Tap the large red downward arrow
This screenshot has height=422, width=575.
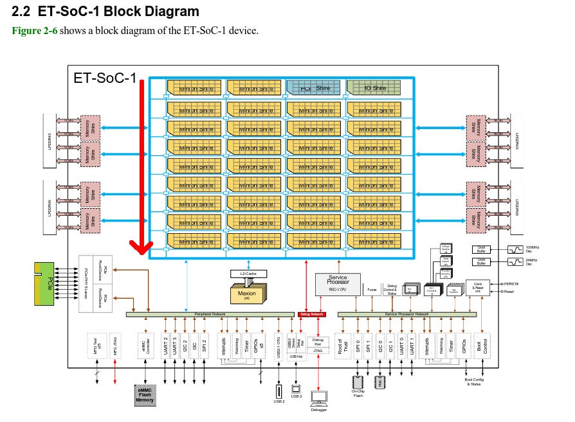(140, 167)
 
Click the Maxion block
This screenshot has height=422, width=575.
(247, 295)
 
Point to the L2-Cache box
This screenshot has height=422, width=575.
(248, 274)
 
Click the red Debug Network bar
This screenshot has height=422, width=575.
(312, 315)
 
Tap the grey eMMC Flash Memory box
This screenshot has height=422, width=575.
(145, 395)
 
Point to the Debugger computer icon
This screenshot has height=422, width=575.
(319, 399)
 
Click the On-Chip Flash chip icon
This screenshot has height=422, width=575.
(358, 382)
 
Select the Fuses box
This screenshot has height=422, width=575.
(372, 290)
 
